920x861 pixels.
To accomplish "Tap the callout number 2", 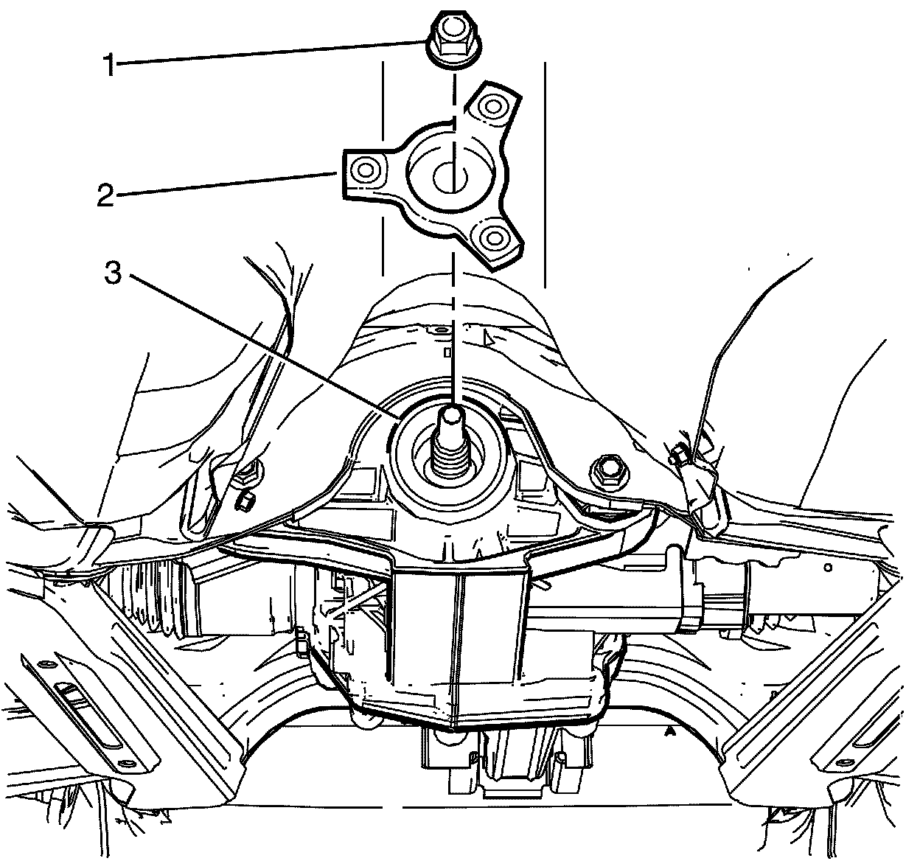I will [105, 195].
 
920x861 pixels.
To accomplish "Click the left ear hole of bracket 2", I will [364, 170].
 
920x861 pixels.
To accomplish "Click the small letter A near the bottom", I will [669, 732].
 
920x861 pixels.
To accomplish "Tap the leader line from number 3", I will [258, 343].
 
